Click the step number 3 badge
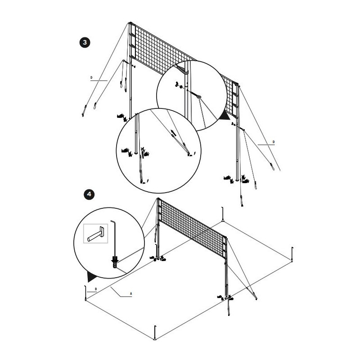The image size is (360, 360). [85, 42]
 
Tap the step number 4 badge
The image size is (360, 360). [89, 194]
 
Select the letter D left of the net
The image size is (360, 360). [91, 77]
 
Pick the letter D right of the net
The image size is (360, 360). [274, 142]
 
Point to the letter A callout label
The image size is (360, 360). [131, 293]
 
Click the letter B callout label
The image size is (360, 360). [96, 289]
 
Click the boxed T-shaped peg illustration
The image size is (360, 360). [95, 234]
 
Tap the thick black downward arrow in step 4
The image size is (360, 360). [115, 260]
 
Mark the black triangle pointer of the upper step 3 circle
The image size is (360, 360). [225, 116]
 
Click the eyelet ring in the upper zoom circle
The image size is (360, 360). [199, 97]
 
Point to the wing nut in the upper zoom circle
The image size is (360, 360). [177, 84]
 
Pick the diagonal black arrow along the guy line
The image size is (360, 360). [174, 133]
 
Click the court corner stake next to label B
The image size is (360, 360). [85, 293]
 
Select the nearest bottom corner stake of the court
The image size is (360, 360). [155, 333]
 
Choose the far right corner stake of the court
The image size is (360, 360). [292, 254]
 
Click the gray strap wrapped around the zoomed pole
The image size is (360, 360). [183, 70]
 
